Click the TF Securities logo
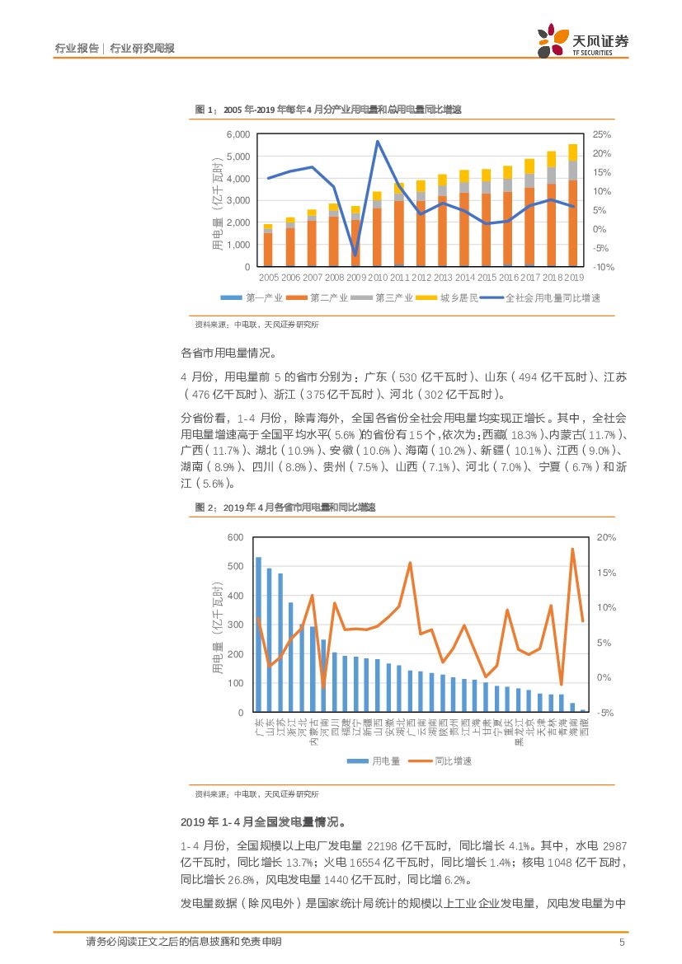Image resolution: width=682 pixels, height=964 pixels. (x=582, y=40)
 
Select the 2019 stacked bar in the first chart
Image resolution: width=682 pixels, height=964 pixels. (x=572, y=206)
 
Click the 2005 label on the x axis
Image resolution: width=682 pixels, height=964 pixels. (x=268, y=278)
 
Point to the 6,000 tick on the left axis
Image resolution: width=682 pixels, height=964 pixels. (x=238, y=134)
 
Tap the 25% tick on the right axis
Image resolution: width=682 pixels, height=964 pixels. (x=601, y=134)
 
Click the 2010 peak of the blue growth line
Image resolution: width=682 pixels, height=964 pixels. (x=377, y=142)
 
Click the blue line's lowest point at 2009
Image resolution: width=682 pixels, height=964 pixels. (x=355, y=255)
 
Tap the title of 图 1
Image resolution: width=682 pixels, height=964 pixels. (x=327, y=109)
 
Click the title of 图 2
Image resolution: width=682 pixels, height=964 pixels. (x=285, y=508)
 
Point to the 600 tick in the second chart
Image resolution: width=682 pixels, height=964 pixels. (x=235, y=537)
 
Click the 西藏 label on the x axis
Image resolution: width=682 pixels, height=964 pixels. (x=584, y=732)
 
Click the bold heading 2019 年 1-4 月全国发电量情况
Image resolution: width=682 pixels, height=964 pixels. (x=262, y=821)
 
